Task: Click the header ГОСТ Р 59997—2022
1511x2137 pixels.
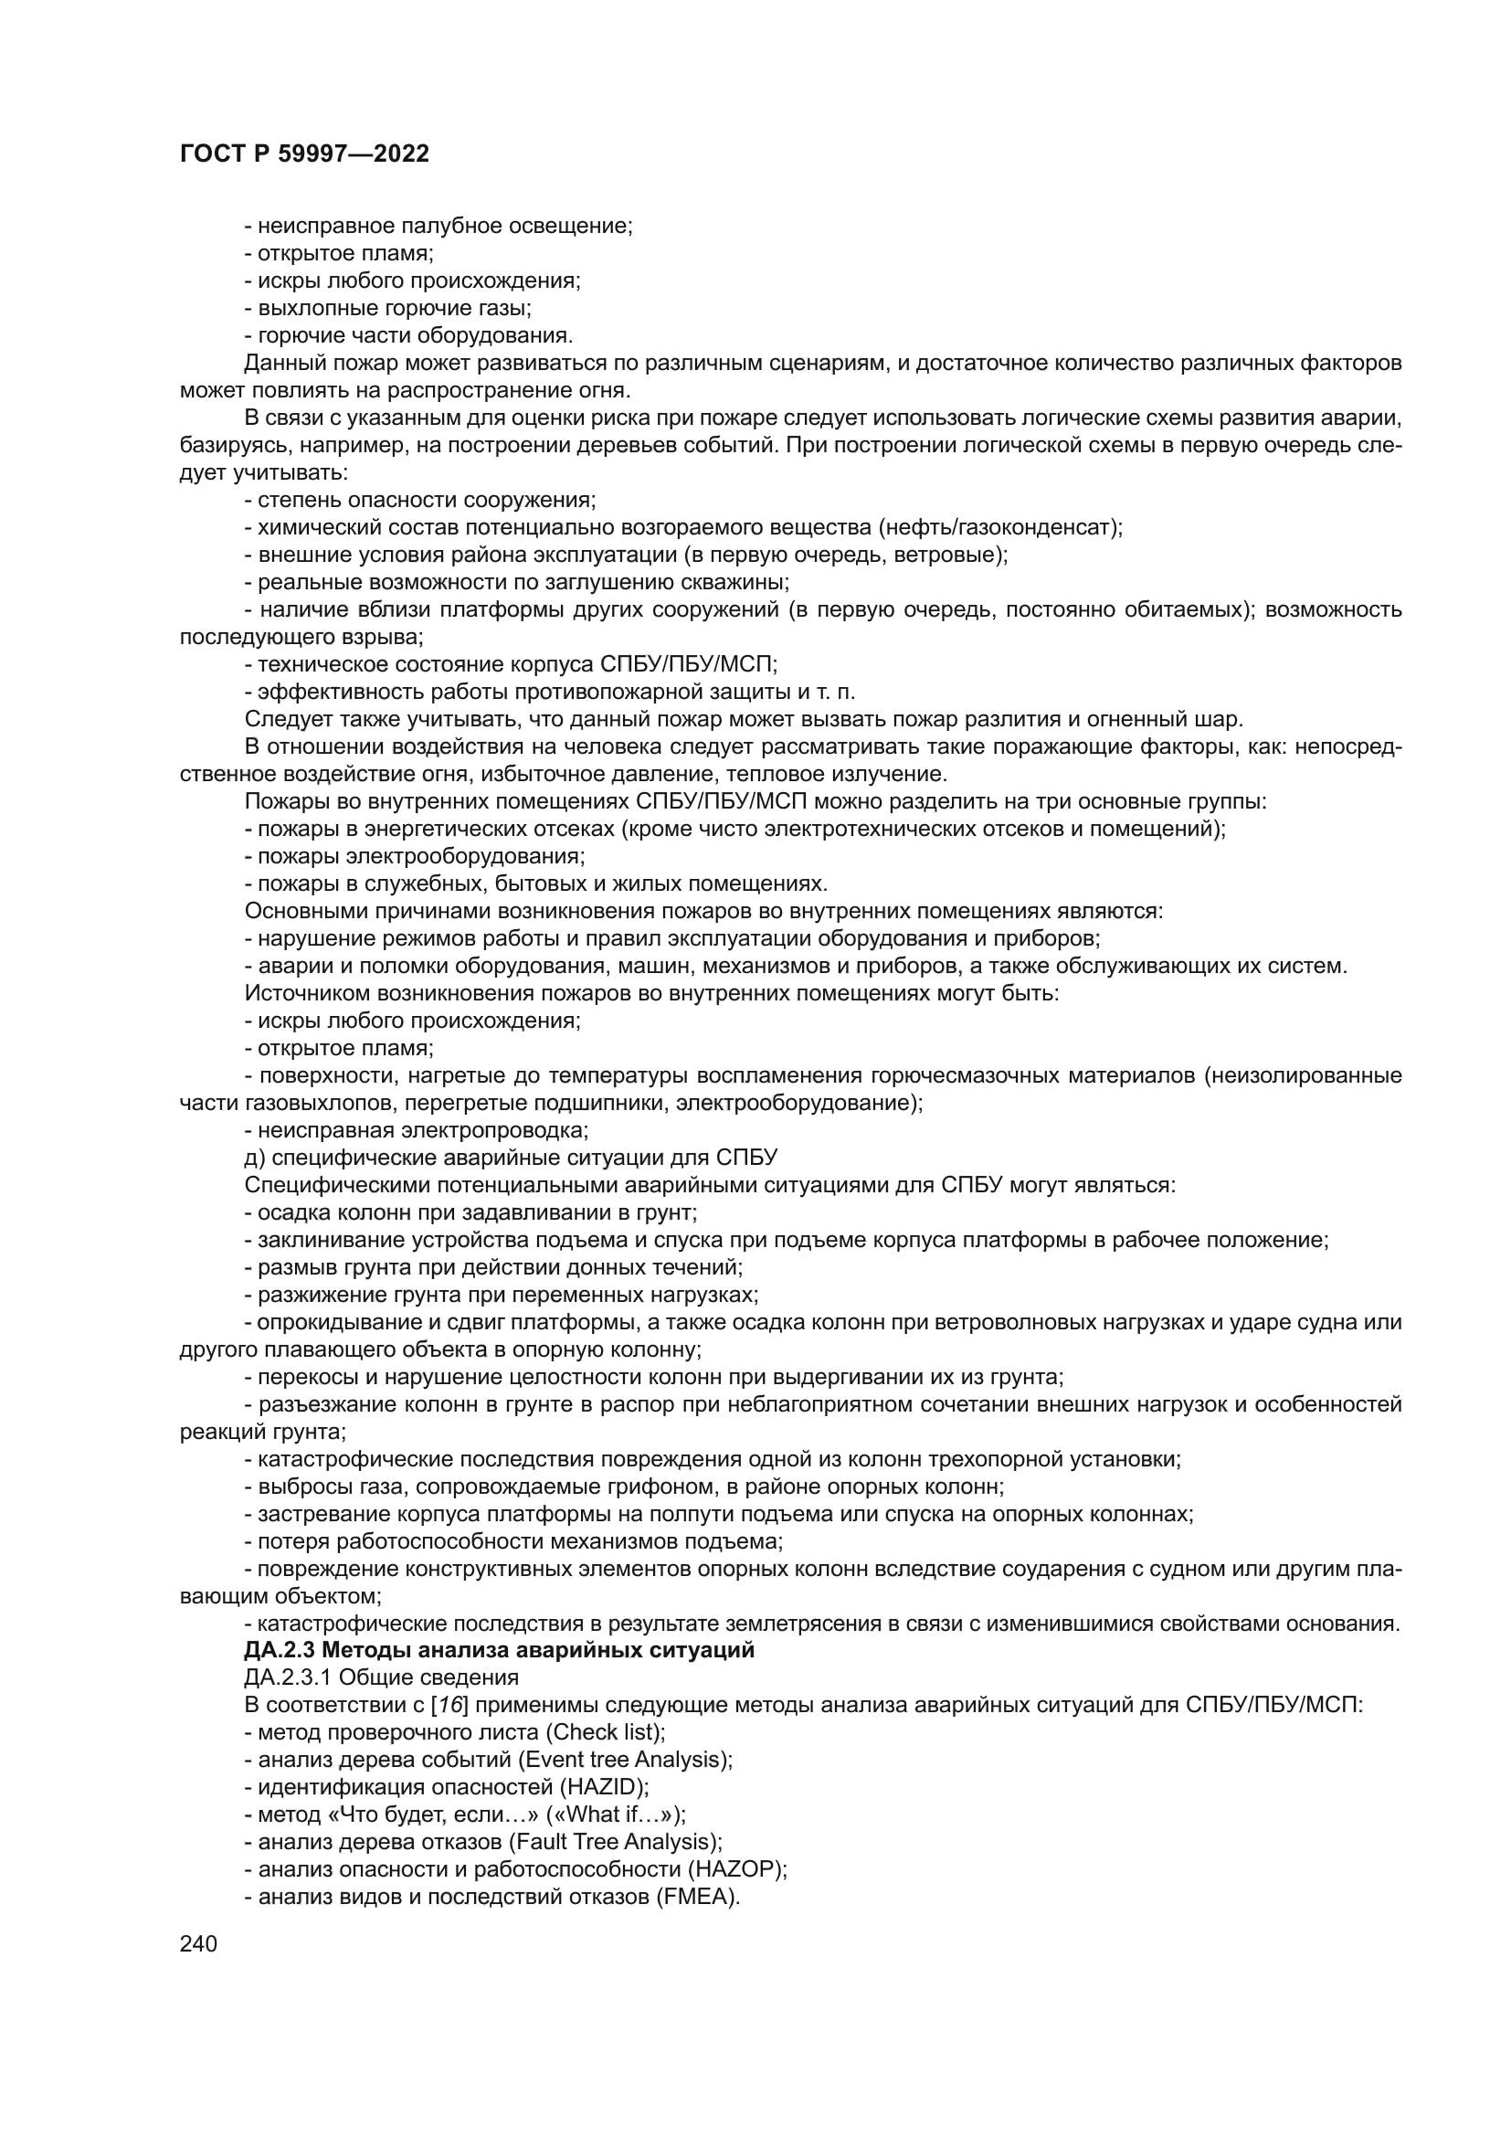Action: point(304,154)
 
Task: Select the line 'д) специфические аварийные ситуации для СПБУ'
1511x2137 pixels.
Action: point(511,1158)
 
